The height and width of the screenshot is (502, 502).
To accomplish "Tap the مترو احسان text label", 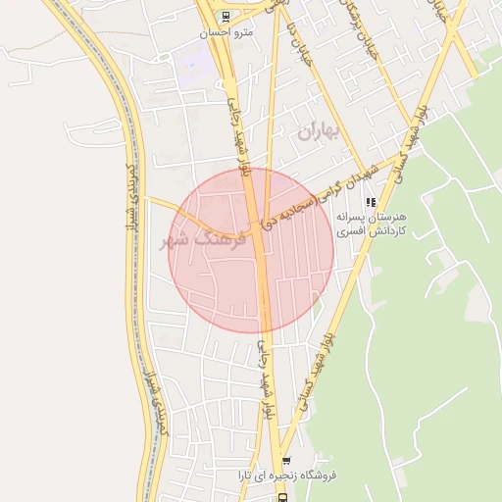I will [x=226, y=31].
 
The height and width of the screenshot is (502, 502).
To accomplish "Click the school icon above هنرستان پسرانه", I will [x=370, y=202].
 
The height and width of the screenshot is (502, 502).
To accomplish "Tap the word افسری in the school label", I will [x=350, y=233].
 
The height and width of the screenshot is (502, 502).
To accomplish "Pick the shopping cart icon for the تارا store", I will [x=286, y=461].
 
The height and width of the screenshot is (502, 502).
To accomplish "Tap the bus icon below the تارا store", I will [x=281, y=497].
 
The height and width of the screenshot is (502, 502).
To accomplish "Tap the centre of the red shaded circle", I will [x=252, y=250].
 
